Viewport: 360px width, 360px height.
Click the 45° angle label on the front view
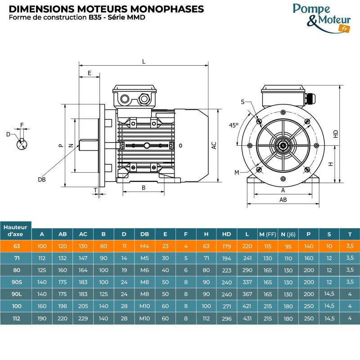click(x=234, y=126)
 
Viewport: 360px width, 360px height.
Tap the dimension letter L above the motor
click(x=144, y=62)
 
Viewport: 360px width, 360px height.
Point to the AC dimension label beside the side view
click(x=214, y=145)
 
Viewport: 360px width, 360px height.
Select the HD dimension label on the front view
click(x=336, y=134)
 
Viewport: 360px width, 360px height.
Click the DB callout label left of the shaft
click(x=42, y=179)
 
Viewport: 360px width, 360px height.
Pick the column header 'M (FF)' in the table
click(x=267, y=234)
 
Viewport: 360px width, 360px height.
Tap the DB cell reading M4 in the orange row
click(x=144, y=246)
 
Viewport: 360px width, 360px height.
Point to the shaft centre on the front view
click(x=283, y=145)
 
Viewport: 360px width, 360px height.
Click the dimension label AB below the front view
click(x=283, y=199)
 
